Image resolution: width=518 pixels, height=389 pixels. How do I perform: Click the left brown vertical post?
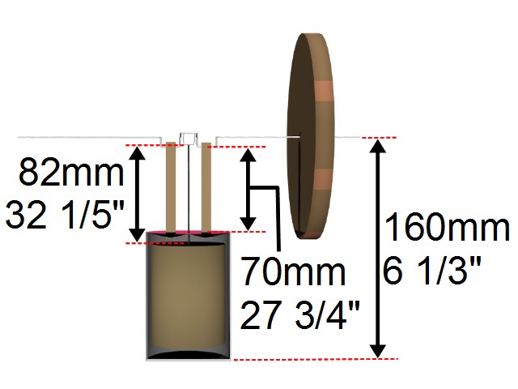[x=171, y=186]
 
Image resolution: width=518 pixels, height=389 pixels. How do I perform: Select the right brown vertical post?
[x=206, y=186]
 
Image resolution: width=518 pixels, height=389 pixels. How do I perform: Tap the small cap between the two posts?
[x=188, y=138]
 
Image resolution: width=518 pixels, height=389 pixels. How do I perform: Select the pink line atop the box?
[x=187, y=233]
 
